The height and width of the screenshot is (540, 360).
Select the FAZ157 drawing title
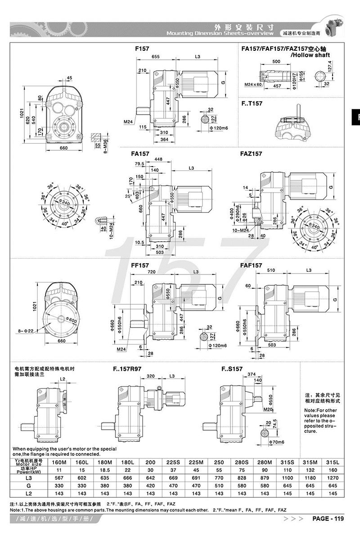[251, 153]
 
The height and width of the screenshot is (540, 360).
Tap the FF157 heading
[139, 265]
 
